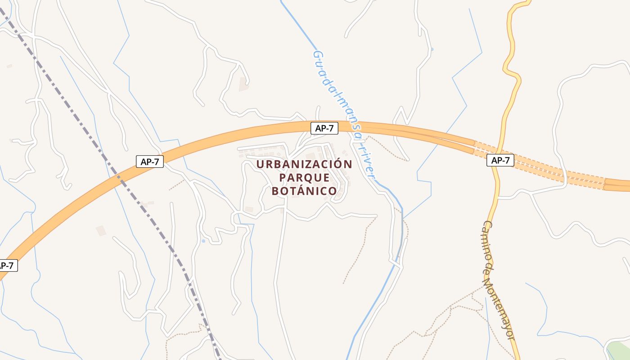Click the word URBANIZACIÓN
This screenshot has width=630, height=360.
304,164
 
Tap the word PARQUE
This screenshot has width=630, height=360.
304,178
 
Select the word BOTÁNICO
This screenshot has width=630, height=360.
304,191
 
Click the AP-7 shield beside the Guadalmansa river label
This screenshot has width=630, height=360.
324,128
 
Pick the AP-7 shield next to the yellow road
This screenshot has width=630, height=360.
500,160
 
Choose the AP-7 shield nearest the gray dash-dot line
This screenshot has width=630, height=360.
149,162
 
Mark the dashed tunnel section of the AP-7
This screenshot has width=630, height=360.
540,166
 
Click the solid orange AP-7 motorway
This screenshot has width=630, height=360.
225,135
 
